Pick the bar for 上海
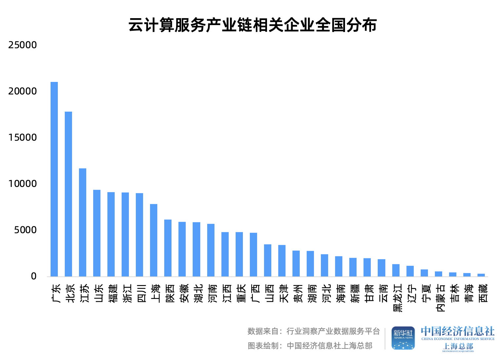[154, 240]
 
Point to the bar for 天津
[282, 261]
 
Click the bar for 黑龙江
[396, 270]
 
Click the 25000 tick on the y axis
[22, 45]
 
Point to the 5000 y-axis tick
[25, 230]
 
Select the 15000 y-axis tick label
[22, 137]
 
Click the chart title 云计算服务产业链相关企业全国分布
[252, 25]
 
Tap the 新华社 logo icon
[403, 338]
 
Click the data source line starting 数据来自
[314, 331]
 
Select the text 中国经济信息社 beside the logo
[458, 331]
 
